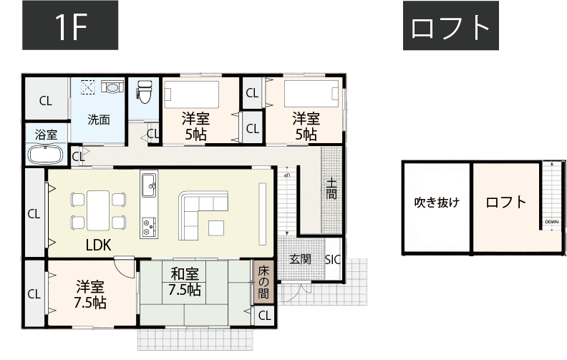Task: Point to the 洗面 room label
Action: click(x=99, y=120)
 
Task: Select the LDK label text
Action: click(x=98, y=244)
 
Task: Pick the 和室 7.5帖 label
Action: click(x=185, y=282)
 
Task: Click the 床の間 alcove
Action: click(x=263, y=282)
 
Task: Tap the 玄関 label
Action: click(x=300, y=260)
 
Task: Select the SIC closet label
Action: click(x=334, y=260)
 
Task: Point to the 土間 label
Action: click(x=331, y=190)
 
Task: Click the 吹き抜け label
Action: click(x=437, y=203)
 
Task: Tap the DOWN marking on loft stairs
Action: click(x=551, y=222)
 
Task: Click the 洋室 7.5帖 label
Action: click(x=91, y=294)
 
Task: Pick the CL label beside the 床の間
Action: click(x=264, y=316)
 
